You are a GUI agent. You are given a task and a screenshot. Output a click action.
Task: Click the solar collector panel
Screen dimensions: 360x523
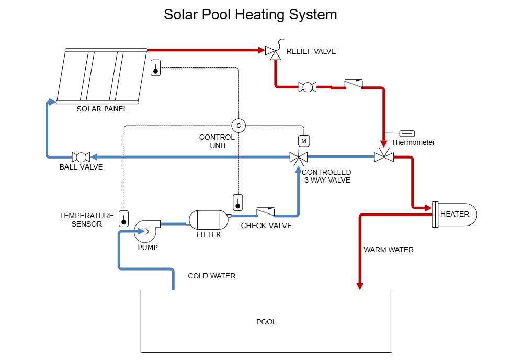[101, 76]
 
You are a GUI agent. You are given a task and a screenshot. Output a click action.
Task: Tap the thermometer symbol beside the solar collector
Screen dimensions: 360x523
[155, 68]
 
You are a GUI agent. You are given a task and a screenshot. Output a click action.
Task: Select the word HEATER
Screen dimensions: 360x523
[454, 214]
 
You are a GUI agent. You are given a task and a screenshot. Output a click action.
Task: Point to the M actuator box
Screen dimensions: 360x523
[304, 141]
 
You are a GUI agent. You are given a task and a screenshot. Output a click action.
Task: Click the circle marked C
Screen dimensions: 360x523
[238, 126]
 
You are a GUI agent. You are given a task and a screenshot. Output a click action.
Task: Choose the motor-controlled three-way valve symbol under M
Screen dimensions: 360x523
[299, 157]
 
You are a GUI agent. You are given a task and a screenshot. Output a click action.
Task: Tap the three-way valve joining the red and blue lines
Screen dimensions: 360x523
[384, 156]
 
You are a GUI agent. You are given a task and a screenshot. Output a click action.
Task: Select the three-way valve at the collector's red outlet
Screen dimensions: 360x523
[271, 52]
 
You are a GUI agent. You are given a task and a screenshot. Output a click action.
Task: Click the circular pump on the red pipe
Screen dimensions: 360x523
[308, 87]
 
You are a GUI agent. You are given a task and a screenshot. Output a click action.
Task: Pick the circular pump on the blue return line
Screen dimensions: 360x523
[81, 157]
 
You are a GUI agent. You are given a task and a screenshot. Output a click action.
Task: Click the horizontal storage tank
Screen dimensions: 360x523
[209, 220]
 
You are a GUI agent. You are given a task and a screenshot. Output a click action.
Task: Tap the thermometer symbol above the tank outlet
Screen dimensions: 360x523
[237, 203]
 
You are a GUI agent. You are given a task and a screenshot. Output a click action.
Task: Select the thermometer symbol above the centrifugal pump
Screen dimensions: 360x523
[123, 219]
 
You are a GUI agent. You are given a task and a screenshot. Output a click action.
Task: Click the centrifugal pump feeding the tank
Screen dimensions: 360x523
[145, 231]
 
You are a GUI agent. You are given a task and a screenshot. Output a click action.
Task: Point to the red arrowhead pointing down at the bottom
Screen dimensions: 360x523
[360, 286]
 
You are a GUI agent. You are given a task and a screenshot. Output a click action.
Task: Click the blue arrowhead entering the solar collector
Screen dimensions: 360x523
[52, 102]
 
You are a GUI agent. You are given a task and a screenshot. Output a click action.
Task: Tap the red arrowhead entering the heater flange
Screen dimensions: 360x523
[428, 208]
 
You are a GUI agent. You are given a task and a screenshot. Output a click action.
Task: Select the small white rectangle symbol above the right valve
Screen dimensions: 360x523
[407, 133]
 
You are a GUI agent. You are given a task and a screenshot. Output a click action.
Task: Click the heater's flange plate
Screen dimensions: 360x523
[435, 215]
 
